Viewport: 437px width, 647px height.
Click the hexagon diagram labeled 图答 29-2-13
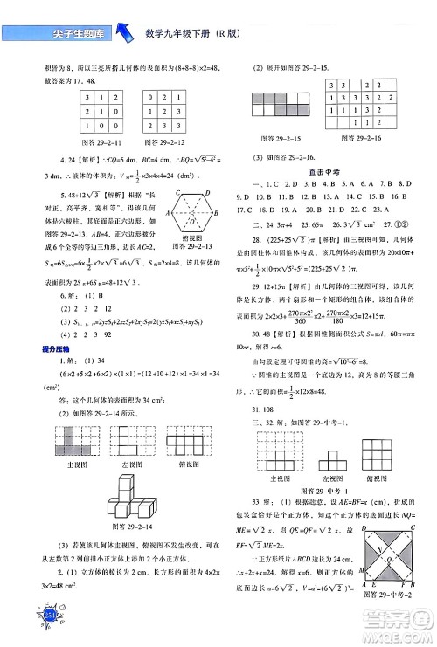point(191,214)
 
